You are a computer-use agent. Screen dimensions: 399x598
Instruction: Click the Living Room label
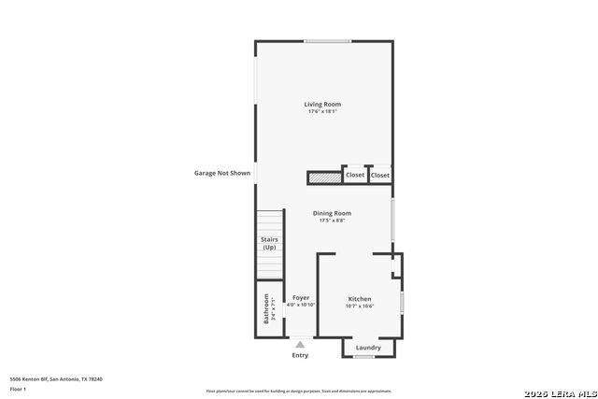(322, 104)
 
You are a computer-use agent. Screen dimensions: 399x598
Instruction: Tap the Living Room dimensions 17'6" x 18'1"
(322, 111)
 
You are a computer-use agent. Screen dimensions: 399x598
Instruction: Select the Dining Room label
(332, 213)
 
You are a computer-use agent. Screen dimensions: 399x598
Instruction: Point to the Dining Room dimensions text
(332, 221)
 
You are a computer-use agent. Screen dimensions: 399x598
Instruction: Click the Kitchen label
(360, 299)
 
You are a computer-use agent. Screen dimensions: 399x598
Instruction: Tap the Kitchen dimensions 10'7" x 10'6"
(360, 306)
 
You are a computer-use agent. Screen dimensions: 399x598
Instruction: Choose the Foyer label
(301, 297)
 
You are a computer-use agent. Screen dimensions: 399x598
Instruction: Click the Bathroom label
(267, 309)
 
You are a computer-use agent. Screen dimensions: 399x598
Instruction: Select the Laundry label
(368, 348)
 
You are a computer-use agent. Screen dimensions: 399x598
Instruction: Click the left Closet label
(355, 175)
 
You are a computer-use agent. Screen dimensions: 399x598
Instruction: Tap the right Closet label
(380, 175)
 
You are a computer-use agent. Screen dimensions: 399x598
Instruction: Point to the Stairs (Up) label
(269, 244)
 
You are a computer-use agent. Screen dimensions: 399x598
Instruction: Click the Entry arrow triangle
(300, 345)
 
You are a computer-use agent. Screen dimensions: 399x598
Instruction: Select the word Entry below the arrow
(300, 355)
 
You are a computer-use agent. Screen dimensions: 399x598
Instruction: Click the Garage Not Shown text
(221, 173)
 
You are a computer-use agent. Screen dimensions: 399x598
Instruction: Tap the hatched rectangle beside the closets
(325, 176)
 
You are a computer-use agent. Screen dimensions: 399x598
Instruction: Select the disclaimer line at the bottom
(299, 392)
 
